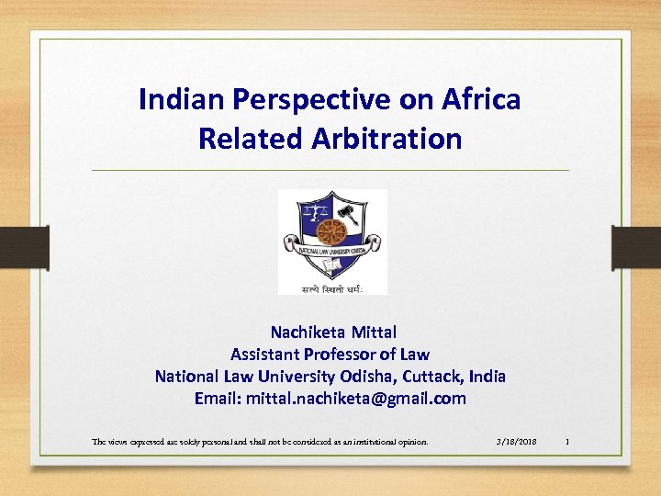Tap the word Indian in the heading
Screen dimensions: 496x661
[174, 99]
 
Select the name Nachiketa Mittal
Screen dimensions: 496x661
[333, 332]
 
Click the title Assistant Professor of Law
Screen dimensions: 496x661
[330, 354]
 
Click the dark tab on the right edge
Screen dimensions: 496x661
[636, 247]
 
